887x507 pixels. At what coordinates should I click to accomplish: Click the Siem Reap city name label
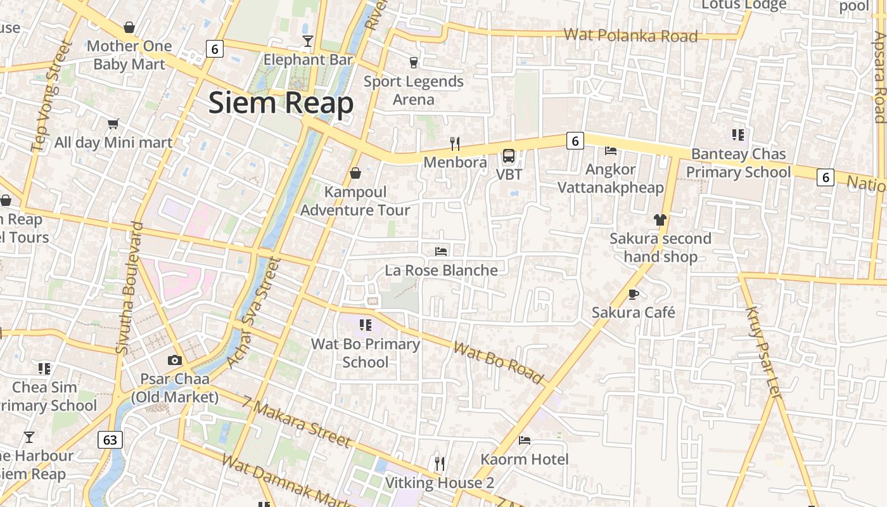tap(281, 103)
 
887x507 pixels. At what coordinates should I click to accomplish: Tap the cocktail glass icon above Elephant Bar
tap(308, 42)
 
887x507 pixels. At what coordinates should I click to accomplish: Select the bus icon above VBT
tap(508, 156)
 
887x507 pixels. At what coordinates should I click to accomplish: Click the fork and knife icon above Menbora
tap(454, 144)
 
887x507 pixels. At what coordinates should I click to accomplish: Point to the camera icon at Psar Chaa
tap(175, 360)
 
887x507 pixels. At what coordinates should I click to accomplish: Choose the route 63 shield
tap(110, 439)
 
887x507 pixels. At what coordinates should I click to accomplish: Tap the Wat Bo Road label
tap(499, 363)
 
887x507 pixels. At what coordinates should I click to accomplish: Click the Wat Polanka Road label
tap(630, 35)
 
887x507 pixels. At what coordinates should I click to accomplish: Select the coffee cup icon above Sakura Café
tap(633, 294)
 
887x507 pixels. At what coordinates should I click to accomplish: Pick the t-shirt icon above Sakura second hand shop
tap(660, 220)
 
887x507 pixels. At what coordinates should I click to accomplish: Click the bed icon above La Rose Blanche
tap(441, 252)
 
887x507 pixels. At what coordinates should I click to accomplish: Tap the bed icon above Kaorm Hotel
tap(525, 440)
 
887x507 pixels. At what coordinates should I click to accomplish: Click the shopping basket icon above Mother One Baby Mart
tap(129, 27)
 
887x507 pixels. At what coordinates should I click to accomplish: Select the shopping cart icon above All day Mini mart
tap(113, 124)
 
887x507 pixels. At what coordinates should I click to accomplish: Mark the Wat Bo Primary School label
tap(366, 353)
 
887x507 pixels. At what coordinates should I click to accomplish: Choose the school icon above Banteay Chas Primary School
tap(737, 134)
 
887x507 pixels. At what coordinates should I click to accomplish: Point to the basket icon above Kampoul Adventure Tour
tap(355, 173)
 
